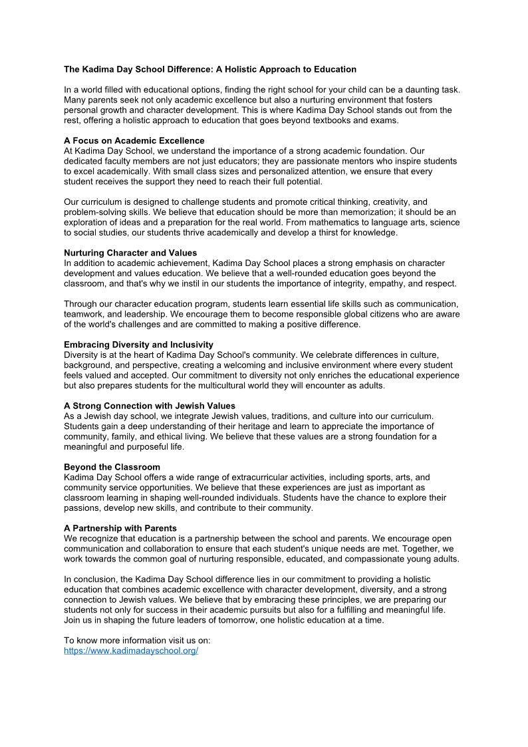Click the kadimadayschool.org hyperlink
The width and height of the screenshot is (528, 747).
coord(131,651)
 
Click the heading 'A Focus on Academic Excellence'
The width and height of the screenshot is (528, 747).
coord(134,141)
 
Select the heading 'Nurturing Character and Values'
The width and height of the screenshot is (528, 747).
coord(130,253)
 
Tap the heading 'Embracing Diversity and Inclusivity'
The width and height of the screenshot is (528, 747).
coord(138,345)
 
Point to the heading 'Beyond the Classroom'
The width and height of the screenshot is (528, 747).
coord(112,467)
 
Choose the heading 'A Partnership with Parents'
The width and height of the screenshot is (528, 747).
coord(120,528)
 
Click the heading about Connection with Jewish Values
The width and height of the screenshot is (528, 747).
coord(150,406)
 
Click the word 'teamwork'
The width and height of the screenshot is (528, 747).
coord(84,314)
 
